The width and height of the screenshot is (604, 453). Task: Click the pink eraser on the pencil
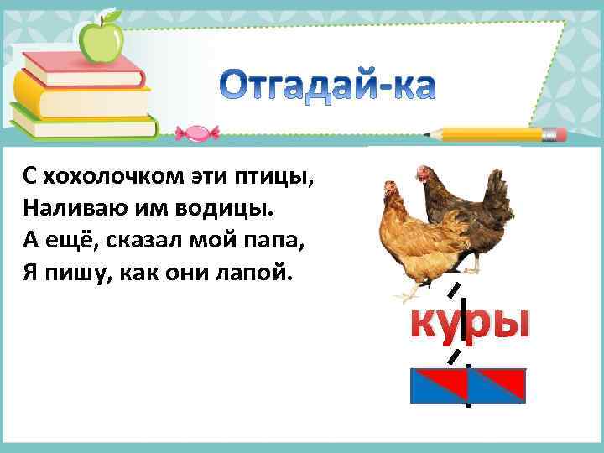(555, 133)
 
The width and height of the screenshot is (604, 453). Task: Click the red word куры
(469, 322)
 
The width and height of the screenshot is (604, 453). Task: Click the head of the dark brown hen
(424, 172)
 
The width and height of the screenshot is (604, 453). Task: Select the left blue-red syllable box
(438, 384)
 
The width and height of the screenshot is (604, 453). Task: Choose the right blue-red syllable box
(497, 384)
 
